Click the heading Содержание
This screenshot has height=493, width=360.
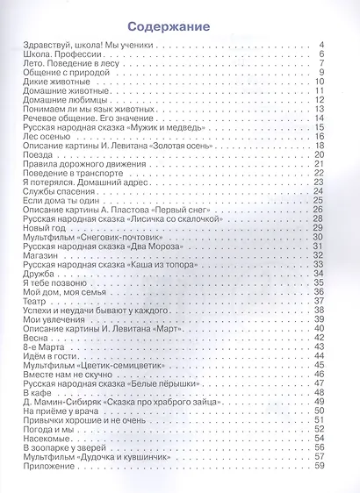tap(179, 27)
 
